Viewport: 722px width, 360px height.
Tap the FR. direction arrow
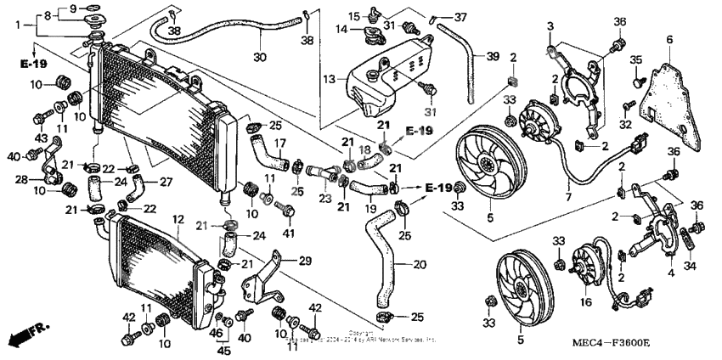coord(27,334)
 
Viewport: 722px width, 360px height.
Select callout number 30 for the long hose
coord(260,58)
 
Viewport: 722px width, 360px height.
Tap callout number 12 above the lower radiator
coord(178,219)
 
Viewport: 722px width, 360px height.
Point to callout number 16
coord(585,302)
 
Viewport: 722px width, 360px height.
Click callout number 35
coord(636,60)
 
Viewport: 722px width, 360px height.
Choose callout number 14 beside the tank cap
coord(341,31)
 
